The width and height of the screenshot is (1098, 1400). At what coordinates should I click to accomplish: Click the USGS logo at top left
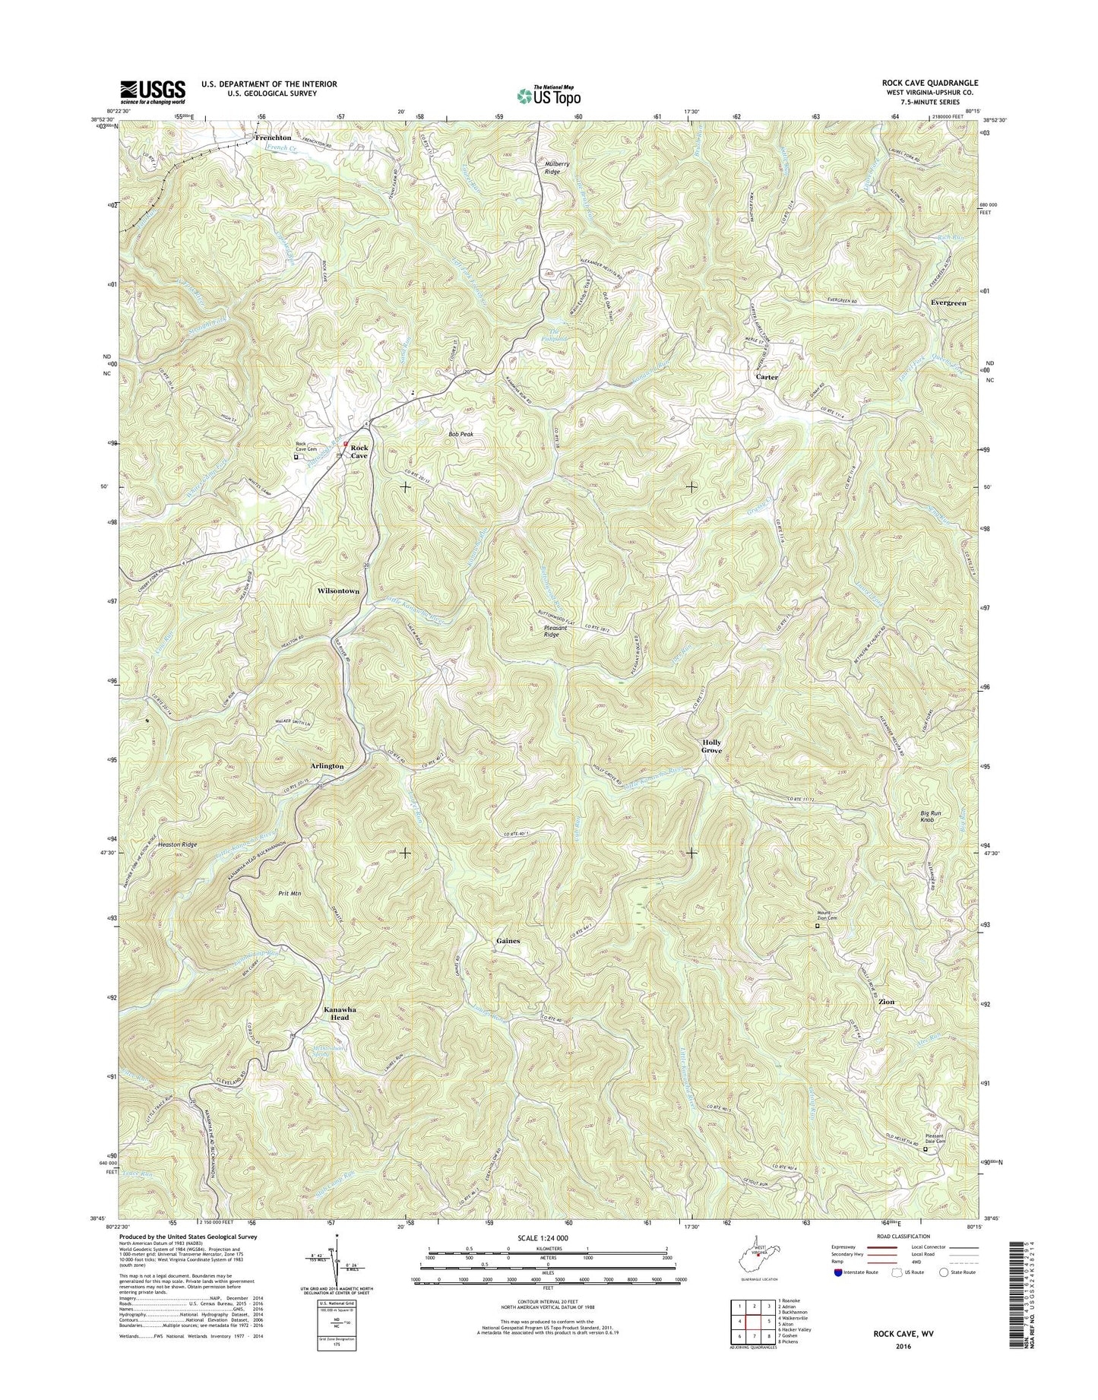pyautogui.click(x=152, y=92)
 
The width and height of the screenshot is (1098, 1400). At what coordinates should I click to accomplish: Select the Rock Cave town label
pyautogui.click(x=359, y=451)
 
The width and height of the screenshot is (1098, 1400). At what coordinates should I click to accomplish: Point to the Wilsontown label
pyautogui.click(x=338, y=591)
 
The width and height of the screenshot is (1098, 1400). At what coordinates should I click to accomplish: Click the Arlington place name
pyautogui.click(x=327, y=766)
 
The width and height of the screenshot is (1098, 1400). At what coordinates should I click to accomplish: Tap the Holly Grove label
pyautogui.click(x=711, y=746)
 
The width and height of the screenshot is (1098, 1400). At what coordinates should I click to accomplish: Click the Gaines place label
pyautogui.click(x=508, y=941)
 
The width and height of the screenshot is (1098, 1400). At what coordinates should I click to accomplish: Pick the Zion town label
pyautogui.click(x=886, y=1002)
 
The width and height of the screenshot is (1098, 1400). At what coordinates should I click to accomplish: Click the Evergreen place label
pyautogui.click(x=948, y=302)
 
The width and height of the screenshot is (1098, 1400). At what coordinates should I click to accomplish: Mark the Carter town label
pyautogui.click(x=766, y=377)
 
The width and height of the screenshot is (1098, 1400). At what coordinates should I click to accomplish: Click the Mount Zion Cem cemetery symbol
pyautogui.click(x=818, y=926)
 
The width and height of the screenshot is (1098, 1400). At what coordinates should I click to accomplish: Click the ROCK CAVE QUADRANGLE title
pyautogui.click(x=930, y=83)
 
